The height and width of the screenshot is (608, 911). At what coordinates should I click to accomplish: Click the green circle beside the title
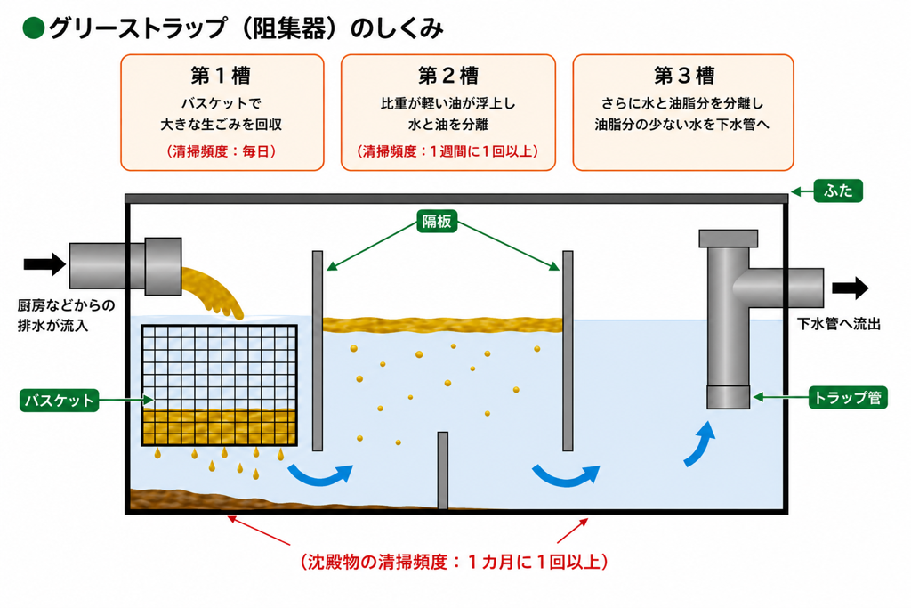pos(34,28)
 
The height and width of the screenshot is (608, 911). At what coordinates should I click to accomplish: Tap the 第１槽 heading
pos(222,76)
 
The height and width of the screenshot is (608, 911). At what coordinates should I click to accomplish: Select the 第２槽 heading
pos(448,76)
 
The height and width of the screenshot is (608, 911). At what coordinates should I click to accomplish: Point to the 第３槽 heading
pos(683,76)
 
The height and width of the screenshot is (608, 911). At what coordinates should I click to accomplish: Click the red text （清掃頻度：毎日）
pos(222,151)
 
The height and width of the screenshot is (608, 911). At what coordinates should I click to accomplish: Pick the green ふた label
pos(838,191)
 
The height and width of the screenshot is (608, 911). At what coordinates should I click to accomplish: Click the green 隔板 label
pos(437,222)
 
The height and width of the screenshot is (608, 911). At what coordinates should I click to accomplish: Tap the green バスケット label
pos(60,401)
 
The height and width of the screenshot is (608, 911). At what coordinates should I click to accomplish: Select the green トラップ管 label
pos(848,398)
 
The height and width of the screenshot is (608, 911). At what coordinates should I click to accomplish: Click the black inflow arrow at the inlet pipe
pos(44,264)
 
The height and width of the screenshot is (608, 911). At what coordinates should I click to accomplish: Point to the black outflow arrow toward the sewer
pos(850,288)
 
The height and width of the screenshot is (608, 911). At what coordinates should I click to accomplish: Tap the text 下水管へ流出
pos(838,324)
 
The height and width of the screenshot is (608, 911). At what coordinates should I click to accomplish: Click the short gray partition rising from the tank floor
pos(443,470)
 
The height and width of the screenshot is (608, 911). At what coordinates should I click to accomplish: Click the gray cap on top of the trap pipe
pos(728,239)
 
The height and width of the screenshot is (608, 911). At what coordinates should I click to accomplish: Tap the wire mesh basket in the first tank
pos(220,385)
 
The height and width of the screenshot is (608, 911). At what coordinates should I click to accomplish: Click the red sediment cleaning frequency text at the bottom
pos(454,562)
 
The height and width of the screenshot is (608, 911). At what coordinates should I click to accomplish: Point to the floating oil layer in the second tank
pos(443,324)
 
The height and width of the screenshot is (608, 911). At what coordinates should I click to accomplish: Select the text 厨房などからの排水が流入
pos(66,315)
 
